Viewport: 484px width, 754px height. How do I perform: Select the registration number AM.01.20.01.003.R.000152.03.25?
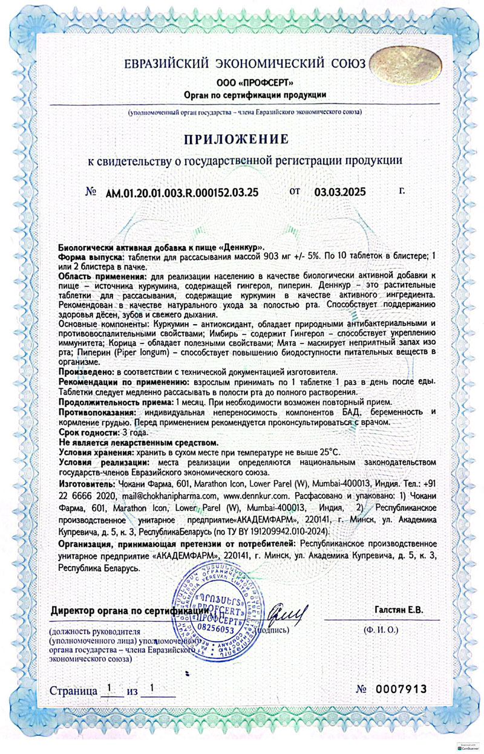pyautogui.click(x=182, y=193)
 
